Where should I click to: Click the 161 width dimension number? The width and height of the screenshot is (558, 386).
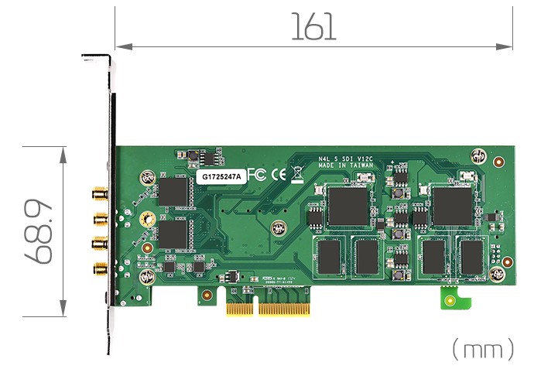click(313, 27)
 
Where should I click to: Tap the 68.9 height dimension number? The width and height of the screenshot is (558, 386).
click(39, 232)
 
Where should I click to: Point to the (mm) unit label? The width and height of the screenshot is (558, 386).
click(482, 349)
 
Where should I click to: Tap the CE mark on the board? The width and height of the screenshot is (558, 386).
click(277, 175)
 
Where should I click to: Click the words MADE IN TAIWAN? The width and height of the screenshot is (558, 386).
click(346, 165)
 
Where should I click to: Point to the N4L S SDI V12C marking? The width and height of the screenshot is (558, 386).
click(346, 157)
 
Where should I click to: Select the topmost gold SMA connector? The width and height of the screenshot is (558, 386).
click(100, 192)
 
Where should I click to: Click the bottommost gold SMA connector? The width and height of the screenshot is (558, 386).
click(100, 268)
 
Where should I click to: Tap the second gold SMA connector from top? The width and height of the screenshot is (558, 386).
click(100, 217)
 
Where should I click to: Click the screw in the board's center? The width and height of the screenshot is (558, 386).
click(279, 227)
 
